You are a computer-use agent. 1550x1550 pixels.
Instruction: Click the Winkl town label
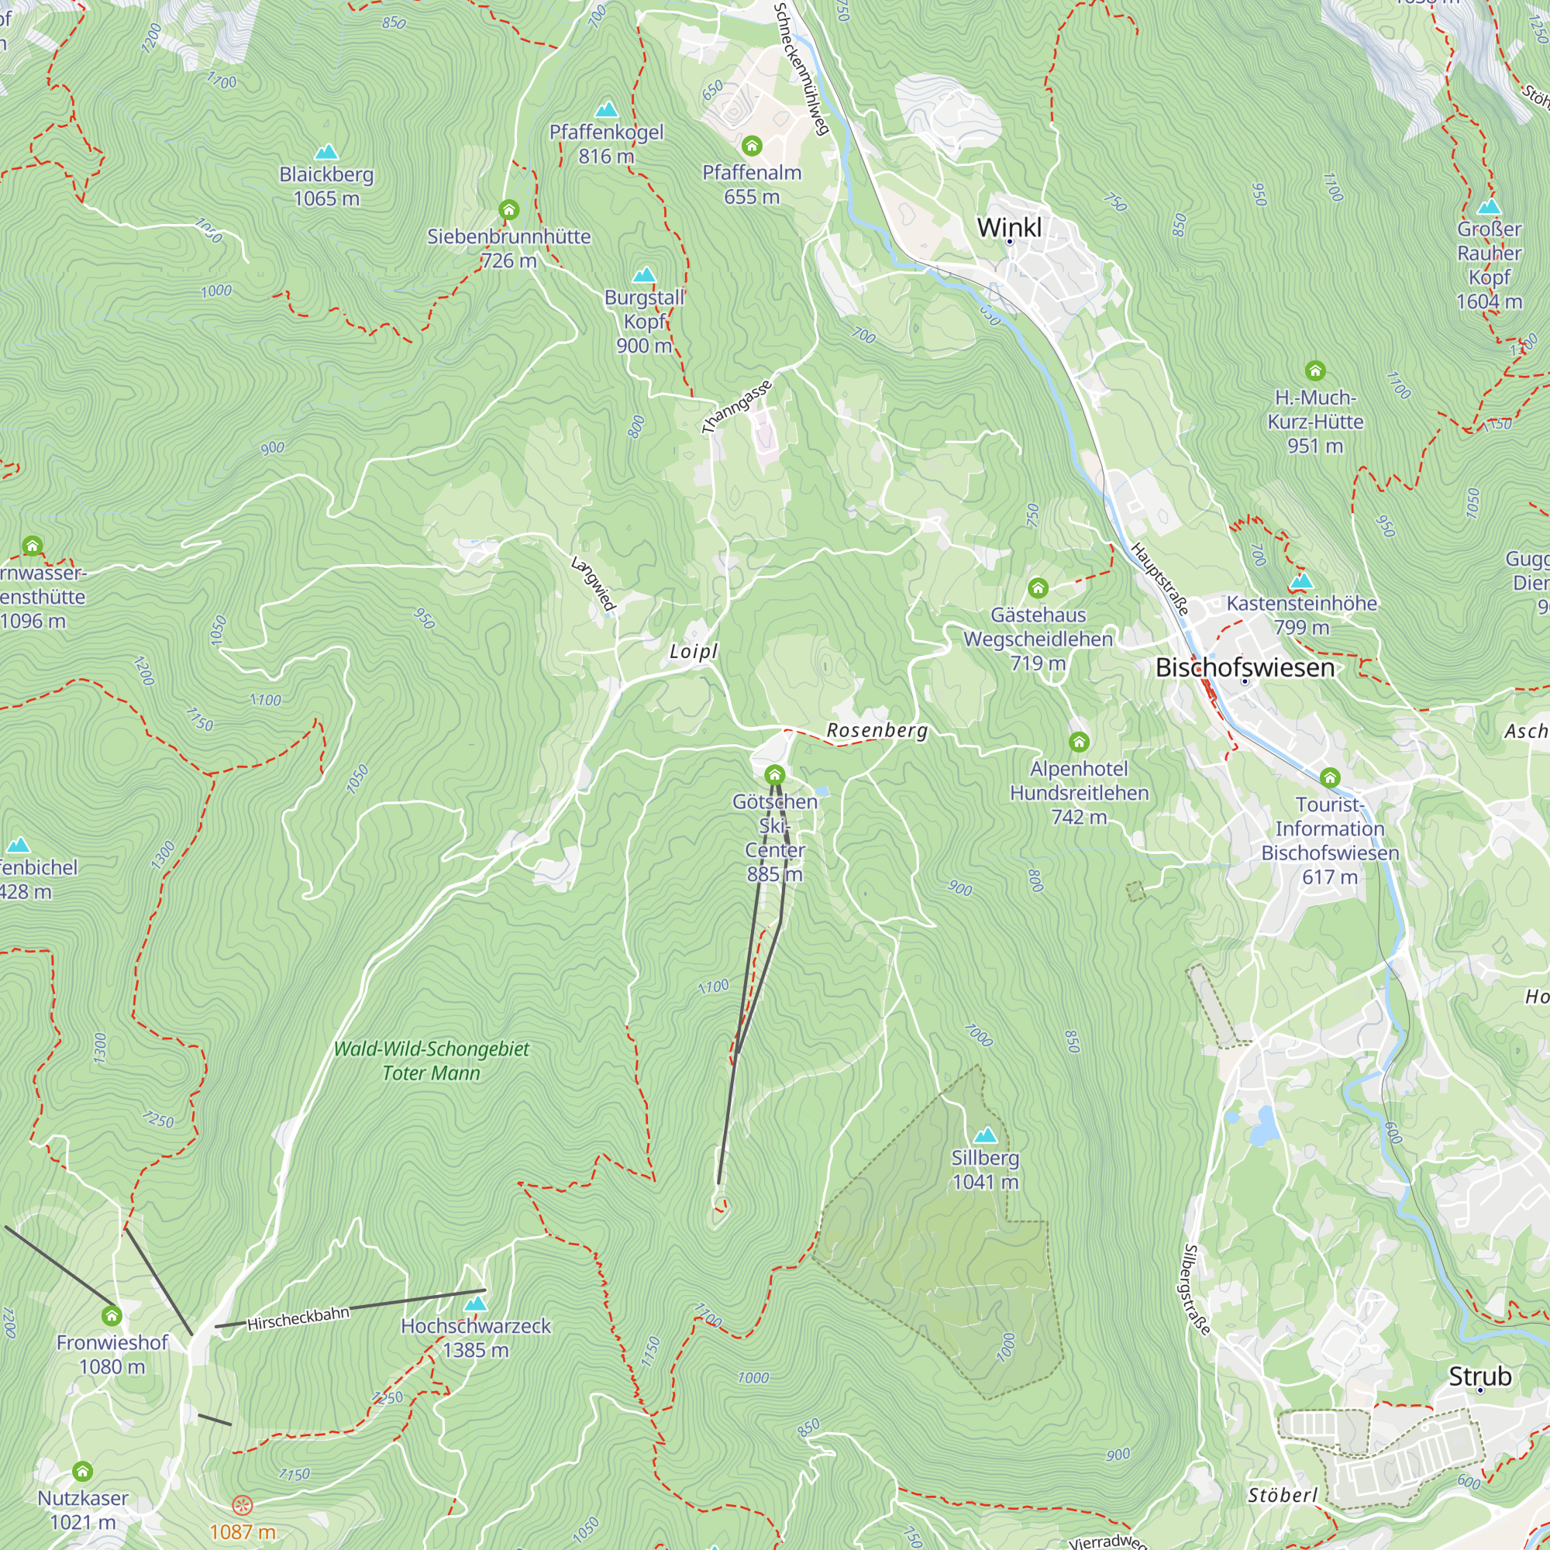(1008, 227)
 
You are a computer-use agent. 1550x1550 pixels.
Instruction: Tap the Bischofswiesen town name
(1245, 667)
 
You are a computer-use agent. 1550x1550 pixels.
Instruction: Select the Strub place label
(1479, 1376)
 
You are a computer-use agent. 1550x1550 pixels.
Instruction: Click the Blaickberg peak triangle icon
(325, 152)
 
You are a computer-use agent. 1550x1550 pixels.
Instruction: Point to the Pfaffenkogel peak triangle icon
(607, 109)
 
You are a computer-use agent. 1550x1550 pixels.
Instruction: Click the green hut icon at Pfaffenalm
(752, 145)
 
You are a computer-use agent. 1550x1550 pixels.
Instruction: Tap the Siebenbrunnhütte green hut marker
(508, 210)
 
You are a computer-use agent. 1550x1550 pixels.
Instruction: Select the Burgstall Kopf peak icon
(644, 275)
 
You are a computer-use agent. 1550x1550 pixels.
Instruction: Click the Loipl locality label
(693, 652)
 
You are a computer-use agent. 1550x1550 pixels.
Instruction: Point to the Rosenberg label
(877, 730)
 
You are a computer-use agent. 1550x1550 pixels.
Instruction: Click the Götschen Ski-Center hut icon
(774, 774)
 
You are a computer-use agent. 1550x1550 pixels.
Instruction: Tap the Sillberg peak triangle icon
(985, 1135)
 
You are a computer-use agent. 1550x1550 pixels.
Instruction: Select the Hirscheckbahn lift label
(298, 1318)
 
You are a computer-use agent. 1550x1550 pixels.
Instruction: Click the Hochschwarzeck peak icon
(476, 1304)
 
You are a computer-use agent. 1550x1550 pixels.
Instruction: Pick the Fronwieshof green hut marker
(112, 1316)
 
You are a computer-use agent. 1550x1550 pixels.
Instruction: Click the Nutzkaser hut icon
(83, 1472)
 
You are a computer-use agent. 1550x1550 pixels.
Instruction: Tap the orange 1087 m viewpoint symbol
(243, 1505)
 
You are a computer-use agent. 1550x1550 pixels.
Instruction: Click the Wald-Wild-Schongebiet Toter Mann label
(432, 1061)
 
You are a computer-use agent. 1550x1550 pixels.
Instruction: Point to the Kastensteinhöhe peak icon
(1301, 580)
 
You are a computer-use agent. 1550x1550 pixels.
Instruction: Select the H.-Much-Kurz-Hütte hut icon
(1315, 370)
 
